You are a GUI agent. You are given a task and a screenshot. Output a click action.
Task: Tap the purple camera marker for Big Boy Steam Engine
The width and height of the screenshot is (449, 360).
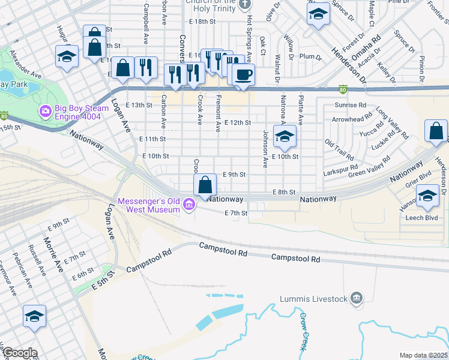44,112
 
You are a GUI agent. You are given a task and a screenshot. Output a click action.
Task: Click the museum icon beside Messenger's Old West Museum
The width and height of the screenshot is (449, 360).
189,205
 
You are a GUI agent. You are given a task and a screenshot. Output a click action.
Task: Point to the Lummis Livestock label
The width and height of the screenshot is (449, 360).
313,299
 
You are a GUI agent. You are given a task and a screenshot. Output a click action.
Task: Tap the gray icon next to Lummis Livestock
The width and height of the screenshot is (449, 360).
356,298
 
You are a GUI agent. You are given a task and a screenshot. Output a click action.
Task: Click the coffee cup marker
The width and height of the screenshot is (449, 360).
243,76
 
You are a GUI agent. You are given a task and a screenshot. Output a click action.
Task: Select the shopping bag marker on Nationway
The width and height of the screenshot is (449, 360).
205,185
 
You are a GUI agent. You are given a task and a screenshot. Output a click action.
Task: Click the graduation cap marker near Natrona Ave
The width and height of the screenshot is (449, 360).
285,136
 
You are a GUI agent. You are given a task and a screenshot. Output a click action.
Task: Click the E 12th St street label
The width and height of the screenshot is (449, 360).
237,122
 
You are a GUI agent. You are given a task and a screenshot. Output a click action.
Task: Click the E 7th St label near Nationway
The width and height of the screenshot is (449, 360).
236,213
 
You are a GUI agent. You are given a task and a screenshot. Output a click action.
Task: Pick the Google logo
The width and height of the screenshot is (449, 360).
19,353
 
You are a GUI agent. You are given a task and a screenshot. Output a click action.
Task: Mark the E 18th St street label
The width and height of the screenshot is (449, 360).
202,21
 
